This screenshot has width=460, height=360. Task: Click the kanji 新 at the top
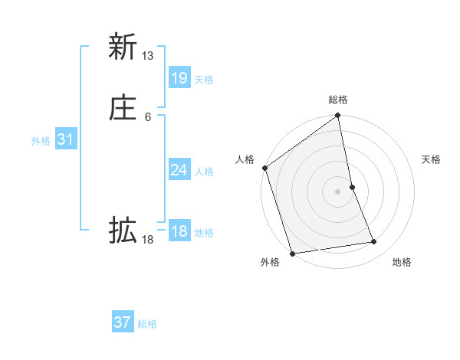point(122,47)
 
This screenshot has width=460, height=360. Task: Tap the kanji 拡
point(122,230)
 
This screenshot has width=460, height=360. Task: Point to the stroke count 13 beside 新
point(148,56)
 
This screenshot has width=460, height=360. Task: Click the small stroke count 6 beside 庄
point(148,116)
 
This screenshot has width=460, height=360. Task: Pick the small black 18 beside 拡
point(148,240)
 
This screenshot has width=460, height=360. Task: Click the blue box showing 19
point(179,78)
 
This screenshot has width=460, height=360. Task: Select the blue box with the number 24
point(179,170)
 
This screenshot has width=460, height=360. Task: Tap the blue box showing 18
point(179,231)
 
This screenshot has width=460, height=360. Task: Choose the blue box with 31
point(65,139)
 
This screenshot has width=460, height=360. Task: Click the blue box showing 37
point(122,322)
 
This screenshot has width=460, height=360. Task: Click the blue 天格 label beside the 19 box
point(204,80)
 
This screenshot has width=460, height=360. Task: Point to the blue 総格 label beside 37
point(147,324)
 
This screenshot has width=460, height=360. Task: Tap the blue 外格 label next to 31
point(41,141)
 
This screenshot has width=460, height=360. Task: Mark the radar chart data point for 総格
point(338,116)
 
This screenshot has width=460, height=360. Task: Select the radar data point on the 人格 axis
point(265,168)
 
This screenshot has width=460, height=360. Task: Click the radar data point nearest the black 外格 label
point(292,253)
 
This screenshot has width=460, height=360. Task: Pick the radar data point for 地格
point(374,242)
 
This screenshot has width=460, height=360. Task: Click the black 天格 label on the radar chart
point(431,159)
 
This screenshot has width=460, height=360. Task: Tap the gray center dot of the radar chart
point(338,191)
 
